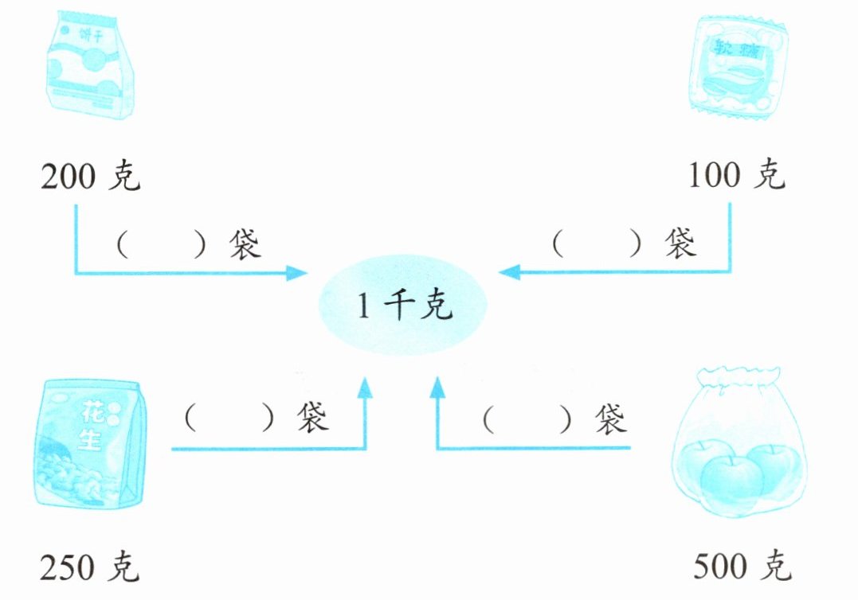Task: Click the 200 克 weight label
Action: click(90, 177)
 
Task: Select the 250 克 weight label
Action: click(90, 567)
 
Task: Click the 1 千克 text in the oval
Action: click(404, 306)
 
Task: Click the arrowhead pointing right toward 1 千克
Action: click(299, 274)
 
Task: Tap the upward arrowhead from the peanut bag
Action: click(365, 388)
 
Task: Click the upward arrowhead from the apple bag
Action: click(437, 388)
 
